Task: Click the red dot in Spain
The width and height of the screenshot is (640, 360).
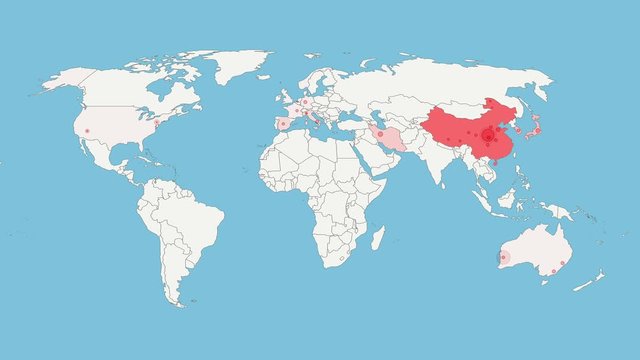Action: (283, 125)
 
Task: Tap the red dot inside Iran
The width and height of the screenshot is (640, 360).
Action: (380, 132)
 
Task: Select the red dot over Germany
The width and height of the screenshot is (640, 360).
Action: (305, 102)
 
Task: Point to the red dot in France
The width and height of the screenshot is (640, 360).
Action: (296, 111)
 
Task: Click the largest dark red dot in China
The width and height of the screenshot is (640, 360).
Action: (488, 135)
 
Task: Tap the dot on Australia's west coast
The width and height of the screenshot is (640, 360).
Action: (504, 258)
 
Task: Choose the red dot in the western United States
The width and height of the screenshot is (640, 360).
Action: (87, 131)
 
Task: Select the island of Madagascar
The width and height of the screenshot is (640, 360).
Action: (378, 237)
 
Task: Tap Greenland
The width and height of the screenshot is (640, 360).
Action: (235, 65)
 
